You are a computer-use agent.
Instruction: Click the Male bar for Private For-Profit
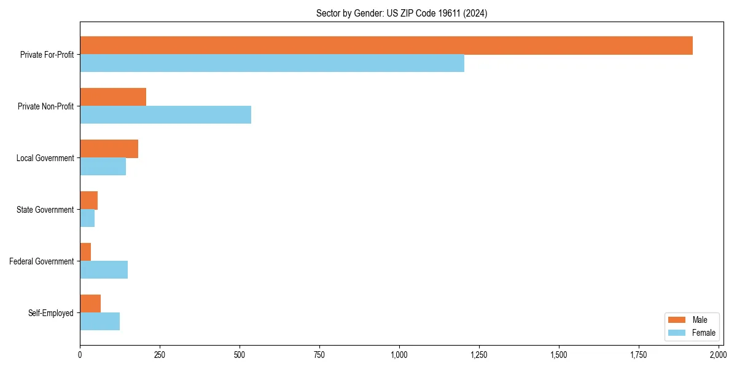(386, 46)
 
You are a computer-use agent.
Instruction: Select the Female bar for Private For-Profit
(272, 63)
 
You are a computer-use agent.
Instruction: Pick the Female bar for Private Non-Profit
(165, 115)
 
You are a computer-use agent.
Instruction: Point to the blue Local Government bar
(103, 167)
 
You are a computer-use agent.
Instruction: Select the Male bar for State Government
(88, 200)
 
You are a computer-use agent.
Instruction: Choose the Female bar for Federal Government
(104, 270)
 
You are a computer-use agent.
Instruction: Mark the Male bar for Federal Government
(85, 252)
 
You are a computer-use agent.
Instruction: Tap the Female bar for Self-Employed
(99, 322)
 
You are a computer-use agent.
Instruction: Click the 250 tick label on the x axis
(160, 355)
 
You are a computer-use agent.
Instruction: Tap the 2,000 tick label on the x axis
(718, 355)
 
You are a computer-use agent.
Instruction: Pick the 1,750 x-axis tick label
(638, 355)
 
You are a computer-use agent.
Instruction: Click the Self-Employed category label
(51, 313)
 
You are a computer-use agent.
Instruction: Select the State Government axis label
(45, 210)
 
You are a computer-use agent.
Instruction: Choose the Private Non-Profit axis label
(45, 106)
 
